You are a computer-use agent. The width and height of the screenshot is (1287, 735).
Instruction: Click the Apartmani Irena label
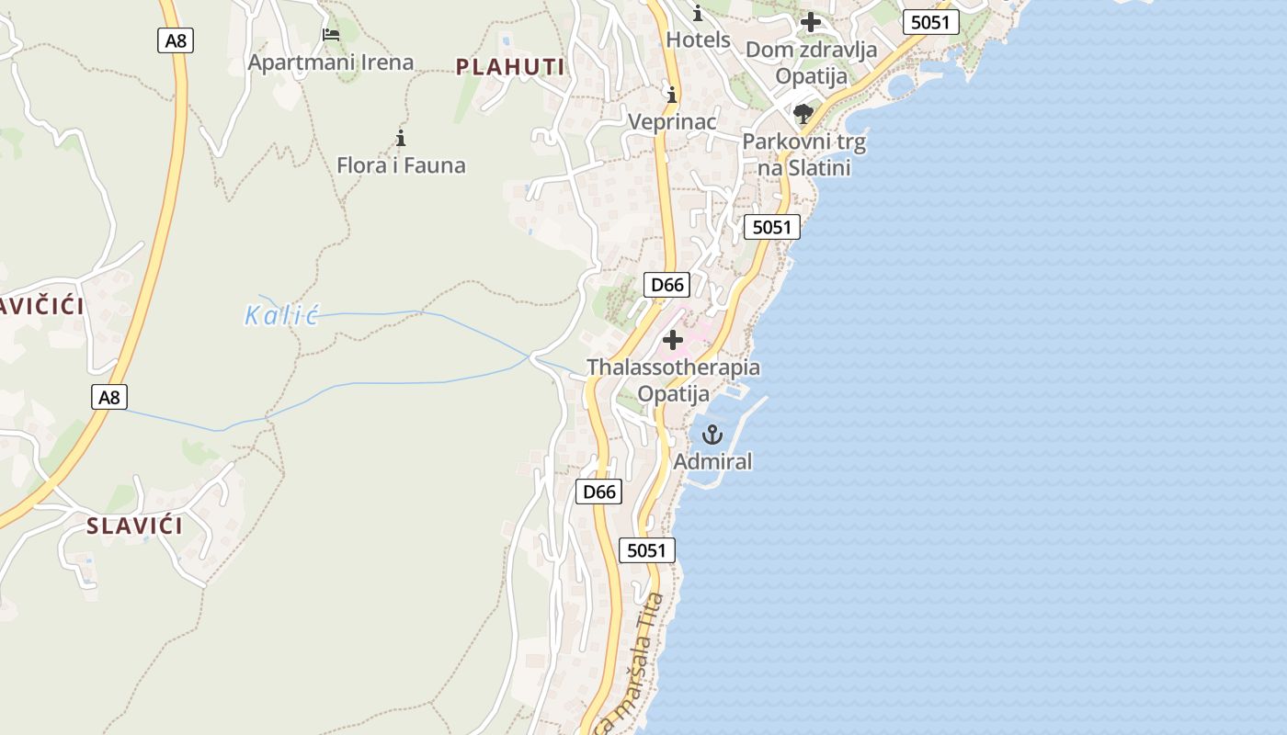coord(331,62)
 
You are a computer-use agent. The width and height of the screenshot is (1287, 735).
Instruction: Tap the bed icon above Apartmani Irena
coord(331,35)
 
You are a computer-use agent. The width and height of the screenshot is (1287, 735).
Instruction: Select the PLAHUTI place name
coord(510,66)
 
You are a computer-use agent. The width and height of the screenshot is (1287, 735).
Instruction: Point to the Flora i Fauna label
coord(401,165)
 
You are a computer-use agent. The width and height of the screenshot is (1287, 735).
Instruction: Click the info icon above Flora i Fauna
coord(401,139)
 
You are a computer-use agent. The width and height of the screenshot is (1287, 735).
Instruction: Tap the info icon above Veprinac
coord(672,95)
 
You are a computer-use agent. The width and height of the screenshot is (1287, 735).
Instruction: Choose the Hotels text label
coord(698,40)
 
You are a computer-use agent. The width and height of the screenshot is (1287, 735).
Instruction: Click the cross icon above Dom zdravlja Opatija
coord(810,22)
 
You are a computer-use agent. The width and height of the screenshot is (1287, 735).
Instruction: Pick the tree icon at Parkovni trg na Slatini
coord(803,115)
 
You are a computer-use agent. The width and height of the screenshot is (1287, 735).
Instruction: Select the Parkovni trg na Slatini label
coord(804,155)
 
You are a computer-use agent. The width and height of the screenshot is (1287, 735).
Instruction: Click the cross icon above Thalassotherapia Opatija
coord(673,340)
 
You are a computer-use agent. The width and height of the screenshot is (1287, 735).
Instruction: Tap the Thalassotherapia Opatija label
coord(674,380)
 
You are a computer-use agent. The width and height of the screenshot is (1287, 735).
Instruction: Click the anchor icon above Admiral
coord(712,434)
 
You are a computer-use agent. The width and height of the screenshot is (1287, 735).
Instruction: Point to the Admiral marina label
coord(712,461)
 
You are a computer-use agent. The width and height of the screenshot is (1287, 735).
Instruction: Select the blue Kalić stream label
coord(281,317)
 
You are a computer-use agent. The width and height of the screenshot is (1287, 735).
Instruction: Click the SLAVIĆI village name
coord(134,526)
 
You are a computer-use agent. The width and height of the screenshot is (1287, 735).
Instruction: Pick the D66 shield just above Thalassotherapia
coord(667,285)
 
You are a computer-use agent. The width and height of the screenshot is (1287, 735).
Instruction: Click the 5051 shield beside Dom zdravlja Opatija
coord(930,22)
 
